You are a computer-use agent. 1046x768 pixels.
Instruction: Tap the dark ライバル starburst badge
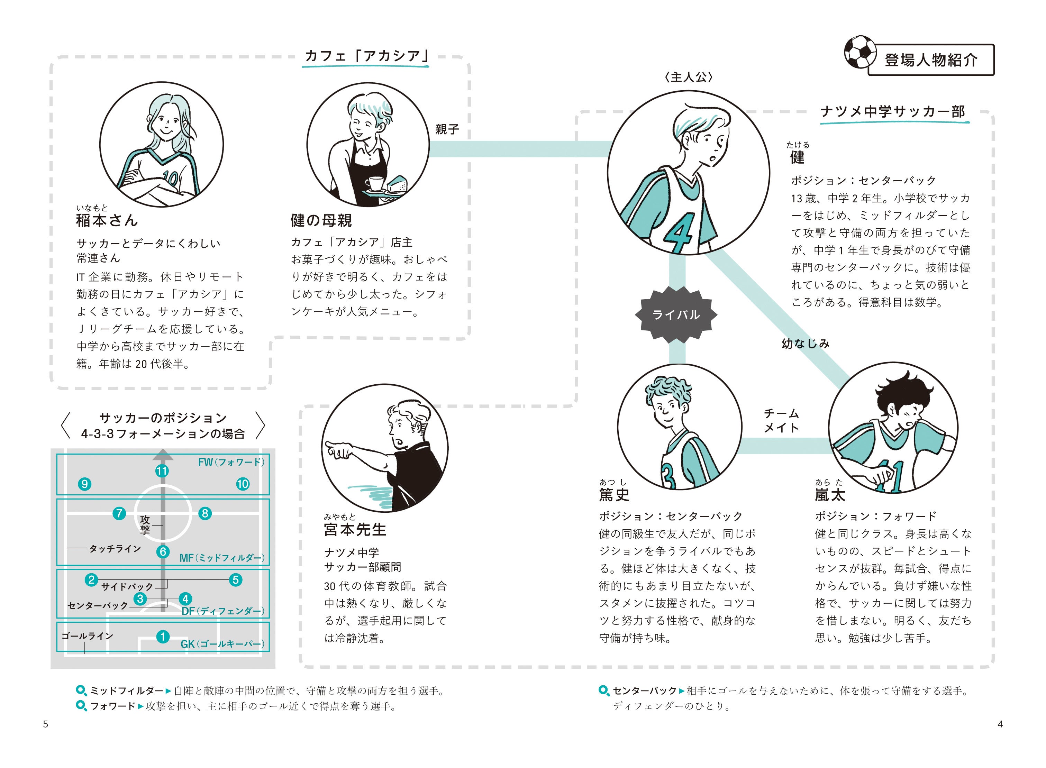(x=675, y=315)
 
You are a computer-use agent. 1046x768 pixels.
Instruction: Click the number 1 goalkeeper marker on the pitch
(x=163, y=637)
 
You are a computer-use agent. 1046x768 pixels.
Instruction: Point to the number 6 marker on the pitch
(x=163, y=551)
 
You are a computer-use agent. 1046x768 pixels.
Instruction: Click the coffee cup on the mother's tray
(x=375, y=183)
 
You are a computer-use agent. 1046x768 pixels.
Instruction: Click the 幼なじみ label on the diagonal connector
(x=805, y=344)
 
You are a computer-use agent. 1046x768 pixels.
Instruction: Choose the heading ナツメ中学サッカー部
(x=893, y=112)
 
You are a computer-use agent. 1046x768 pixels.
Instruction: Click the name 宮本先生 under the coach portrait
(x=355, y=530)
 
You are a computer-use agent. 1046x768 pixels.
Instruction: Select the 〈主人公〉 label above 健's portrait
(x=689, y=77)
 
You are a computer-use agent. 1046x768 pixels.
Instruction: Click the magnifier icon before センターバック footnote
(x=603, y=691)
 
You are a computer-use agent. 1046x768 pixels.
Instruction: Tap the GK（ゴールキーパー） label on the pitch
(x=222, y=644)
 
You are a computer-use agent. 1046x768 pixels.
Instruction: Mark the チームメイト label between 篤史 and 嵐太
(x=781, y=420)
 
